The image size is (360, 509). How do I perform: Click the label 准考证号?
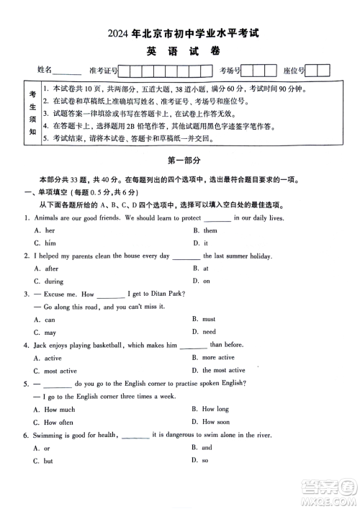[x=103, y=71]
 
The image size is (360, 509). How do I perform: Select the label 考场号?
[x=230, y=71]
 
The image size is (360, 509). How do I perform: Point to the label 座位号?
[x=294, y=71]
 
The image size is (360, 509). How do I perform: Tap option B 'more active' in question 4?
[x=217, y=358]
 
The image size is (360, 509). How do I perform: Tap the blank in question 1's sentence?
[x=217, y=217]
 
